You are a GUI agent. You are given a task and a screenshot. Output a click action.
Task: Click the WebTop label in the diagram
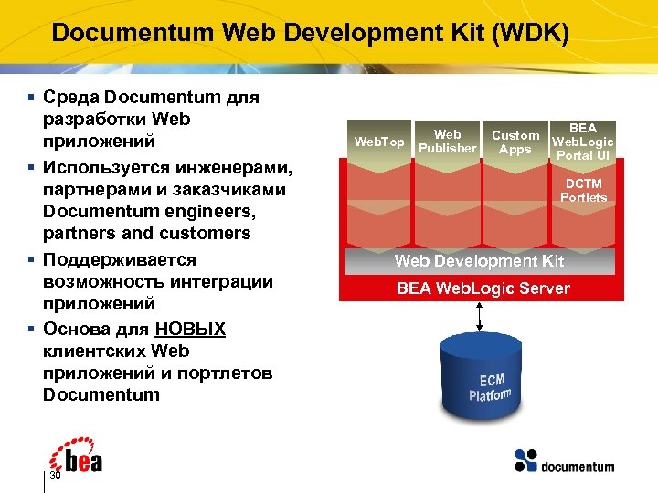point(378,142)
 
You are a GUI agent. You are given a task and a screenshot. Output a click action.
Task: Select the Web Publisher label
point(447,142)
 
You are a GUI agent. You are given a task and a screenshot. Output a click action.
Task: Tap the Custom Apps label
point(515,142)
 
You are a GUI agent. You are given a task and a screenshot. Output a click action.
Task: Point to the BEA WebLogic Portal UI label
point(583,142)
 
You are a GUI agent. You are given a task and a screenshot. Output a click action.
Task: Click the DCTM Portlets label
point(583,191)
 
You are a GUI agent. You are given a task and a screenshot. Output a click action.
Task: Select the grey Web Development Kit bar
point(481,261)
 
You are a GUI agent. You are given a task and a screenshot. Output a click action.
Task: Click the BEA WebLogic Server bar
point(481,288)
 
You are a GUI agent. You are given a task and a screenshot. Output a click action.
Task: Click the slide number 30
point(55,477)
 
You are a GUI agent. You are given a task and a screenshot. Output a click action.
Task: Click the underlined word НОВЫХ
point(190,329)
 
